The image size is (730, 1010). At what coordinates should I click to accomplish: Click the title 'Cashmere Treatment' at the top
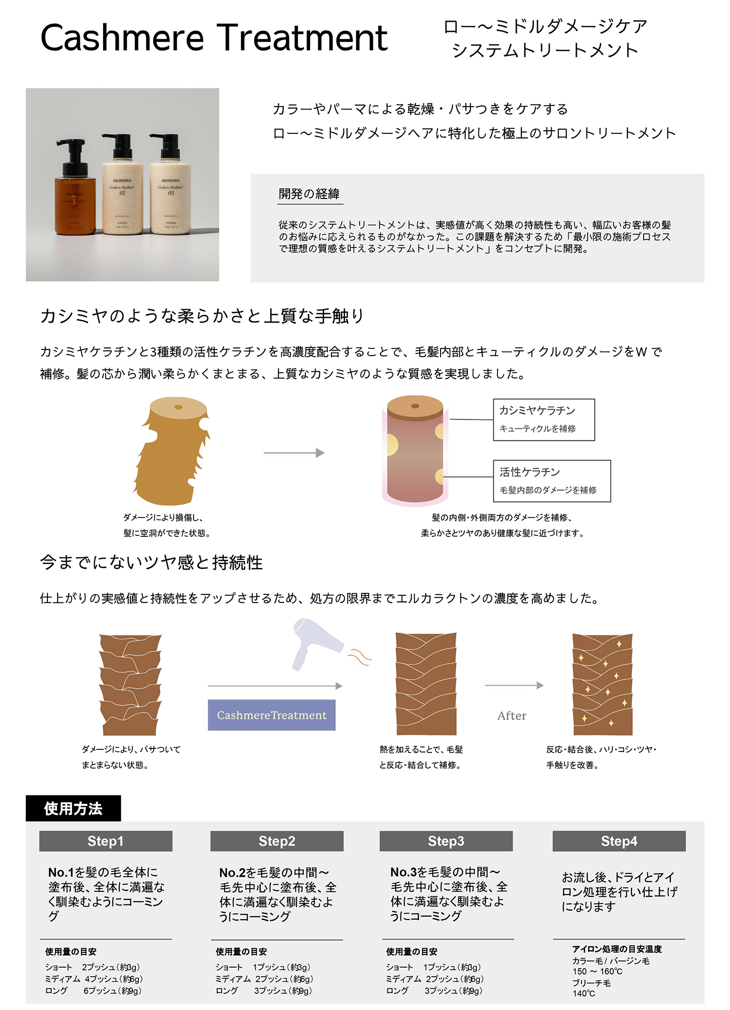click(214, 38)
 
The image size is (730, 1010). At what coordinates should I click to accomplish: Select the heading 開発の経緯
click(309, 194)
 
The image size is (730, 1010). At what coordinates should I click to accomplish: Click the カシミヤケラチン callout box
click(544, 420)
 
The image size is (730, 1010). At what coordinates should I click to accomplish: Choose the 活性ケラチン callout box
click(552, 481)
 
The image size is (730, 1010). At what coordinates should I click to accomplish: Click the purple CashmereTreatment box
click(271, 715)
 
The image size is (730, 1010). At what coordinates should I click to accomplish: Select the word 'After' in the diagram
click(511, 716)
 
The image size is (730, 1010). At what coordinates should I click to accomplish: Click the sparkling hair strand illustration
click(602, 684)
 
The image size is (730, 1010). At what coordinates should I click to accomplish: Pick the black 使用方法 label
click(73, 809)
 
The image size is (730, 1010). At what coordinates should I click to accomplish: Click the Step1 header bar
click(106, 841)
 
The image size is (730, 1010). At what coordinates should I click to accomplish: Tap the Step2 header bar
click(277, 841)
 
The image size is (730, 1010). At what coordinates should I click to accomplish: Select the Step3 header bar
click(446, 841)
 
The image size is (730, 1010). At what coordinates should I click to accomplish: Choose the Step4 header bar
click(619, 841)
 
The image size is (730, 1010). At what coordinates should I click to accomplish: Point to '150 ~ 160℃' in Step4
click(597, 972)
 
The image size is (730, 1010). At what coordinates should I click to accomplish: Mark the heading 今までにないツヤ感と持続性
click(152, 563)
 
